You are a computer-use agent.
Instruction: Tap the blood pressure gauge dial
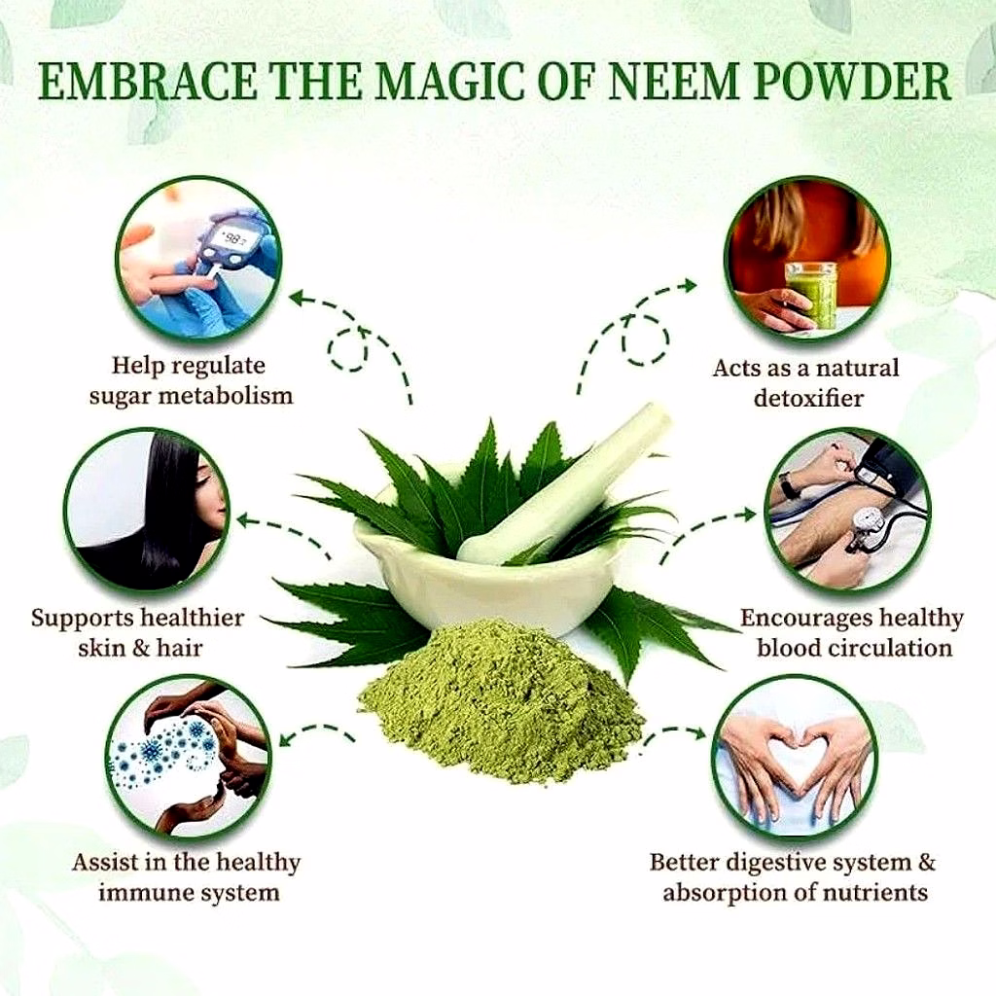867,524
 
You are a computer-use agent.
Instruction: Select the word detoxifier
808,398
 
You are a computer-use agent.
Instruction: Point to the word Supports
82,619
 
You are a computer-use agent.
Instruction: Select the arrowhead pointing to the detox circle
690,285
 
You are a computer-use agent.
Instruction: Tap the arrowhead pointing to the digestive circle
698,733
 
